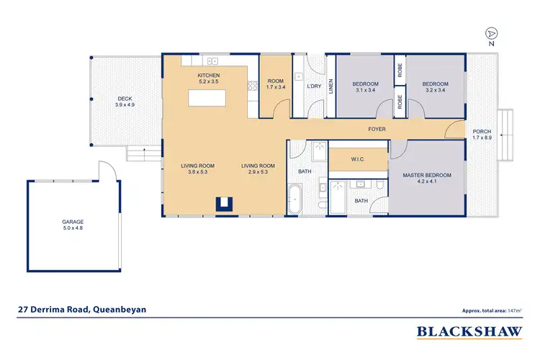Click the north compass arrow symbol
click(491, 33)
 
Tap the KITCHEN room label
click(209, 76)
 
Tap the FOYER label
click(377, 130)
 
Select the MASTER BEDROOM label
click(427, 176)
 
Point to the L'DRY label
click(314, 86)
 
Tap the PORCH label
click(482, 132)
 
